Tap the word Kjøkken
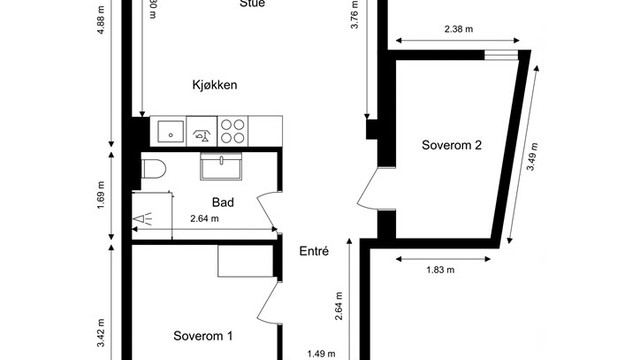214,86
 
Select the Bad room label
222,202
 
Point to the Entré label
314,252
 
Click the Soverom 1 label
203,335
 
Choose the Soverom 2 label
452,145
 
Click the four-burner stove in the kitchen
233,131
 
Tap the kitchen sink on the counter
167,131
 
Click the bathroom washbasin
217,165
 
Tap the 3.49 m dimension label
530,157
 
